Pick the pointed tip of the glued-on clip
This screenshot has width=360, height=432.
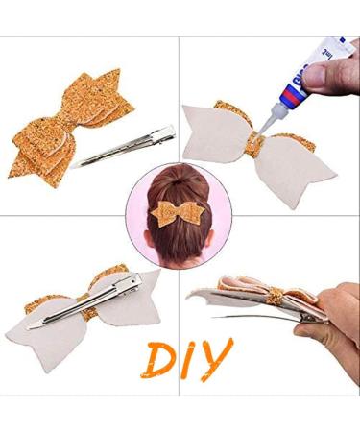[x=34, y=324]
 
